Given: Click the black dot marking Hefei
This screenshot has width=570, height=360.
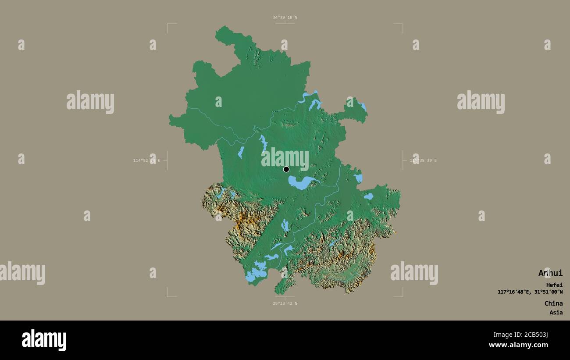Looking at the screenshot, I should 286,169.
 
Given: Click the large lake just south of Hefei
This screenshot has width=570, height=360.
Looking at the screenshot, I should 300,182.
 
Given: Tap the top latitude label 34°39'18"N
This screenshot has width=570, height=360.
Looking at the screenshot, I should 285,18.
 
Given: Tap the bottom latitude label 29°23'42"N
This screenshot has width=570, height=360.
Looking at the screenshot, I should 285,303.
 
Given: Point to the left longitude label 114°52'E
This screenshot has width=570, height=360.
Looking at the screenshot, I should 146,160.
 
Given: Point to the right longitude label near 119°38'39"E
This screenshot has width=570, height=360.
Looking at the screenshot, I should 423,160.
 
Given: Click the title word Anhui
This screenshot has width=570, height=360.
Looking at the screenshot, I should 550,273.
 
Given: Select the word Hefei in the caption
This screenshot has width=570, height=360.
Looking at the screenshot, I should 554,285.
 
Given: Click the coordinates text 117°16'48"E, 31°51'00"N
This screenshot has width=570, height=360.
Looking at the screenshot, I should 530,292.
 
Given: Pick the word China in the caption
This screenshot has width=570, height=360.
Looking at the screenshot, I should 553,303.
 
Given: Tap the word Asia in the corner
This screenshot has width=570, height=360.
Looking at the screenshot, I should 556,313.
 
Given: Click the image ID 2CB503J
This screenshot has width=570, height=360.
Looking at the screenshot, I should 533,335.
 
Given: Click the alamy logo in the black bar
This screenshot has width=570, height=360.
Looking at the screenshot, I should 44,340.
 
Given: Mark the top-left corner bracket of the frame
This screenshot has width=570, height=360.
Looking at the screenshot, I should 168,25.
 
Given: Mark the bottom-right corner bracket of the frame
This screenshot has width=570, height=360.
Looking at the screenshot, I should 402,296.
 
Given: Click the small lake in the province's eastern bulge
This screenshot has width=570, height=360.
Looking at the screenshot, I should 368,196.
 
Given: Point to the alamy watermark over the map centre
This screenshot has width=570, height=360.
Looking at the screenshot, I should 285,158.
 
